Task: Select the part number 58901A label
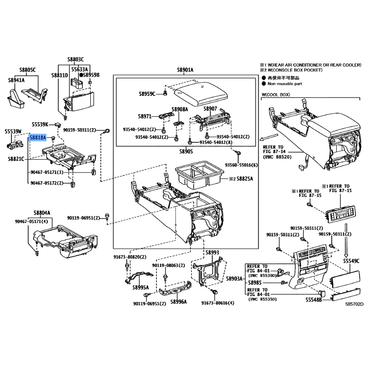tap(185, 70)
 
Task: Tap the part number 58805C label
tap(27, 70)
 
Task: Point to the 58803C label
tap(76, 59)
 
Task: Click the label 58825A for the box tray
tap(244, 178)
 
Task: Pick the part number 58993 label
tap(212, 252)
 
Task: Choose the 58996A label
tap(178, 302)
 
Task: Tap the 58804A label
tap(42, 213)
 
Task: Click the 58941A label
tap(16, 80)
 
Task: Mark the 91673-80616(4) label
tap(218, 303)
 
